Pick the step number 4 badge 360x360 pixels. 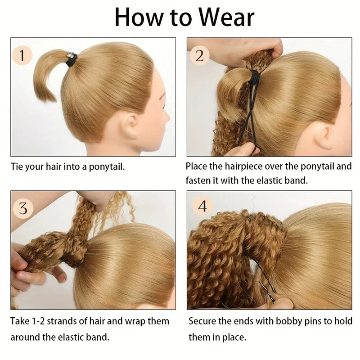coord(202,207)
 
